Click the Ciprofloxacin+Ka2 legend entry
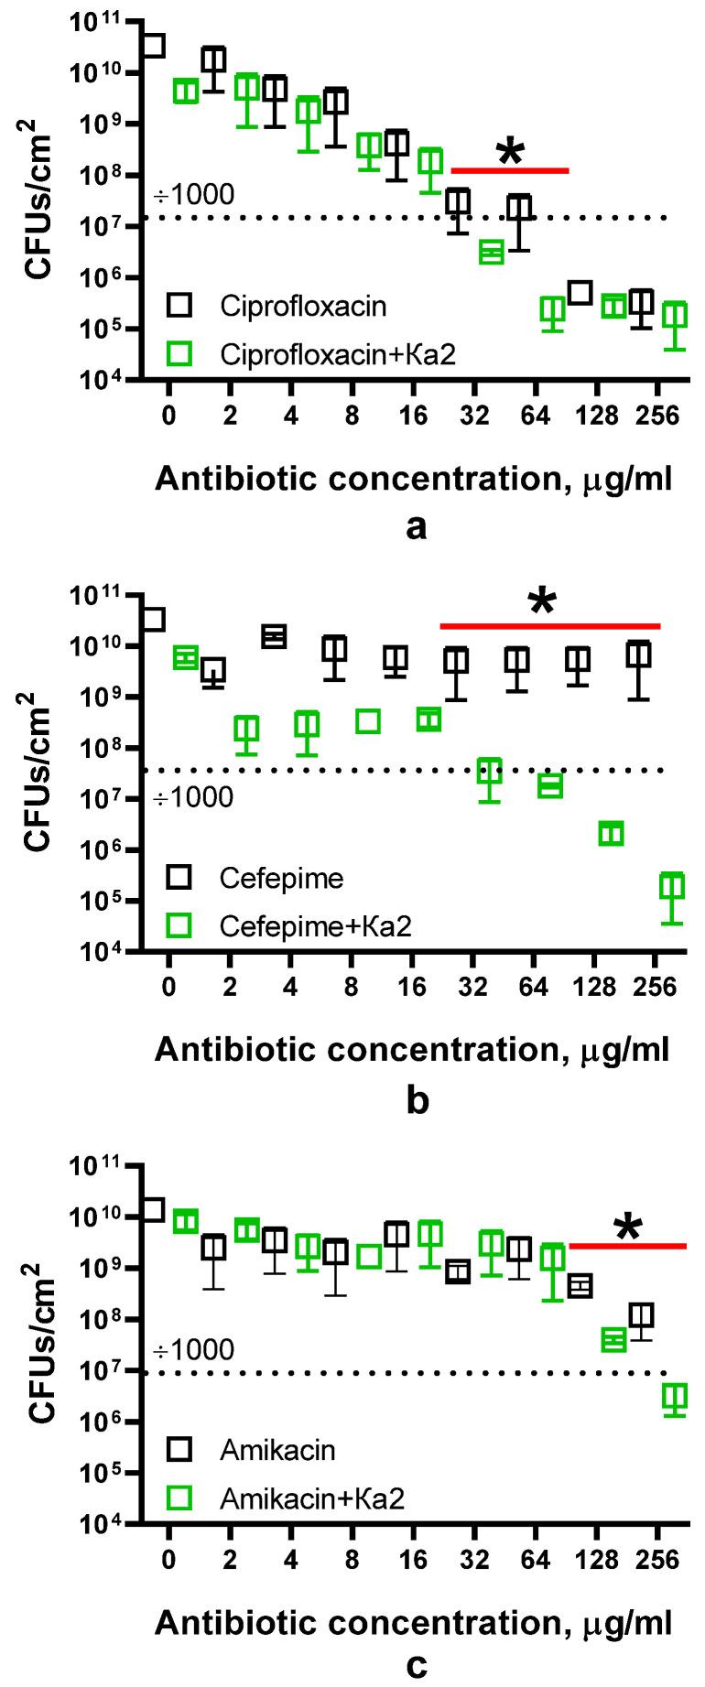click(x=337, y=354)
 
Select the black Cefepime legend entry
click(x=281, y=879)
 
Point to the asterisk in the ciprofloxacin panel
click(x=510, y=154)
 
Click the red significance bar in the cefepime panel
click(x=549, y=626)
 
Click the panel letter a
click(x=417, y=527)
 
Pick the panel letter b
click(x=417, y=1098)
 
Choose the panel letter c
click(x=417, y=1665)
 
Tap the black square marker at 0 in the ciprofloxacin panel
click(x=154, y=45)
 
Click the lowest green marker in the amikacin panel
click(x=675, y=1397)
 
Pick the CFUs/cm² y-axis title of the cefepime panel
click(x=38, y=773)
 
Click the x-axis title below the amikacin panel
click(x=413, y=1622)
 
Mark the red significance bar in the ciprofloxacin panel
click(x=510, y=170)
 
